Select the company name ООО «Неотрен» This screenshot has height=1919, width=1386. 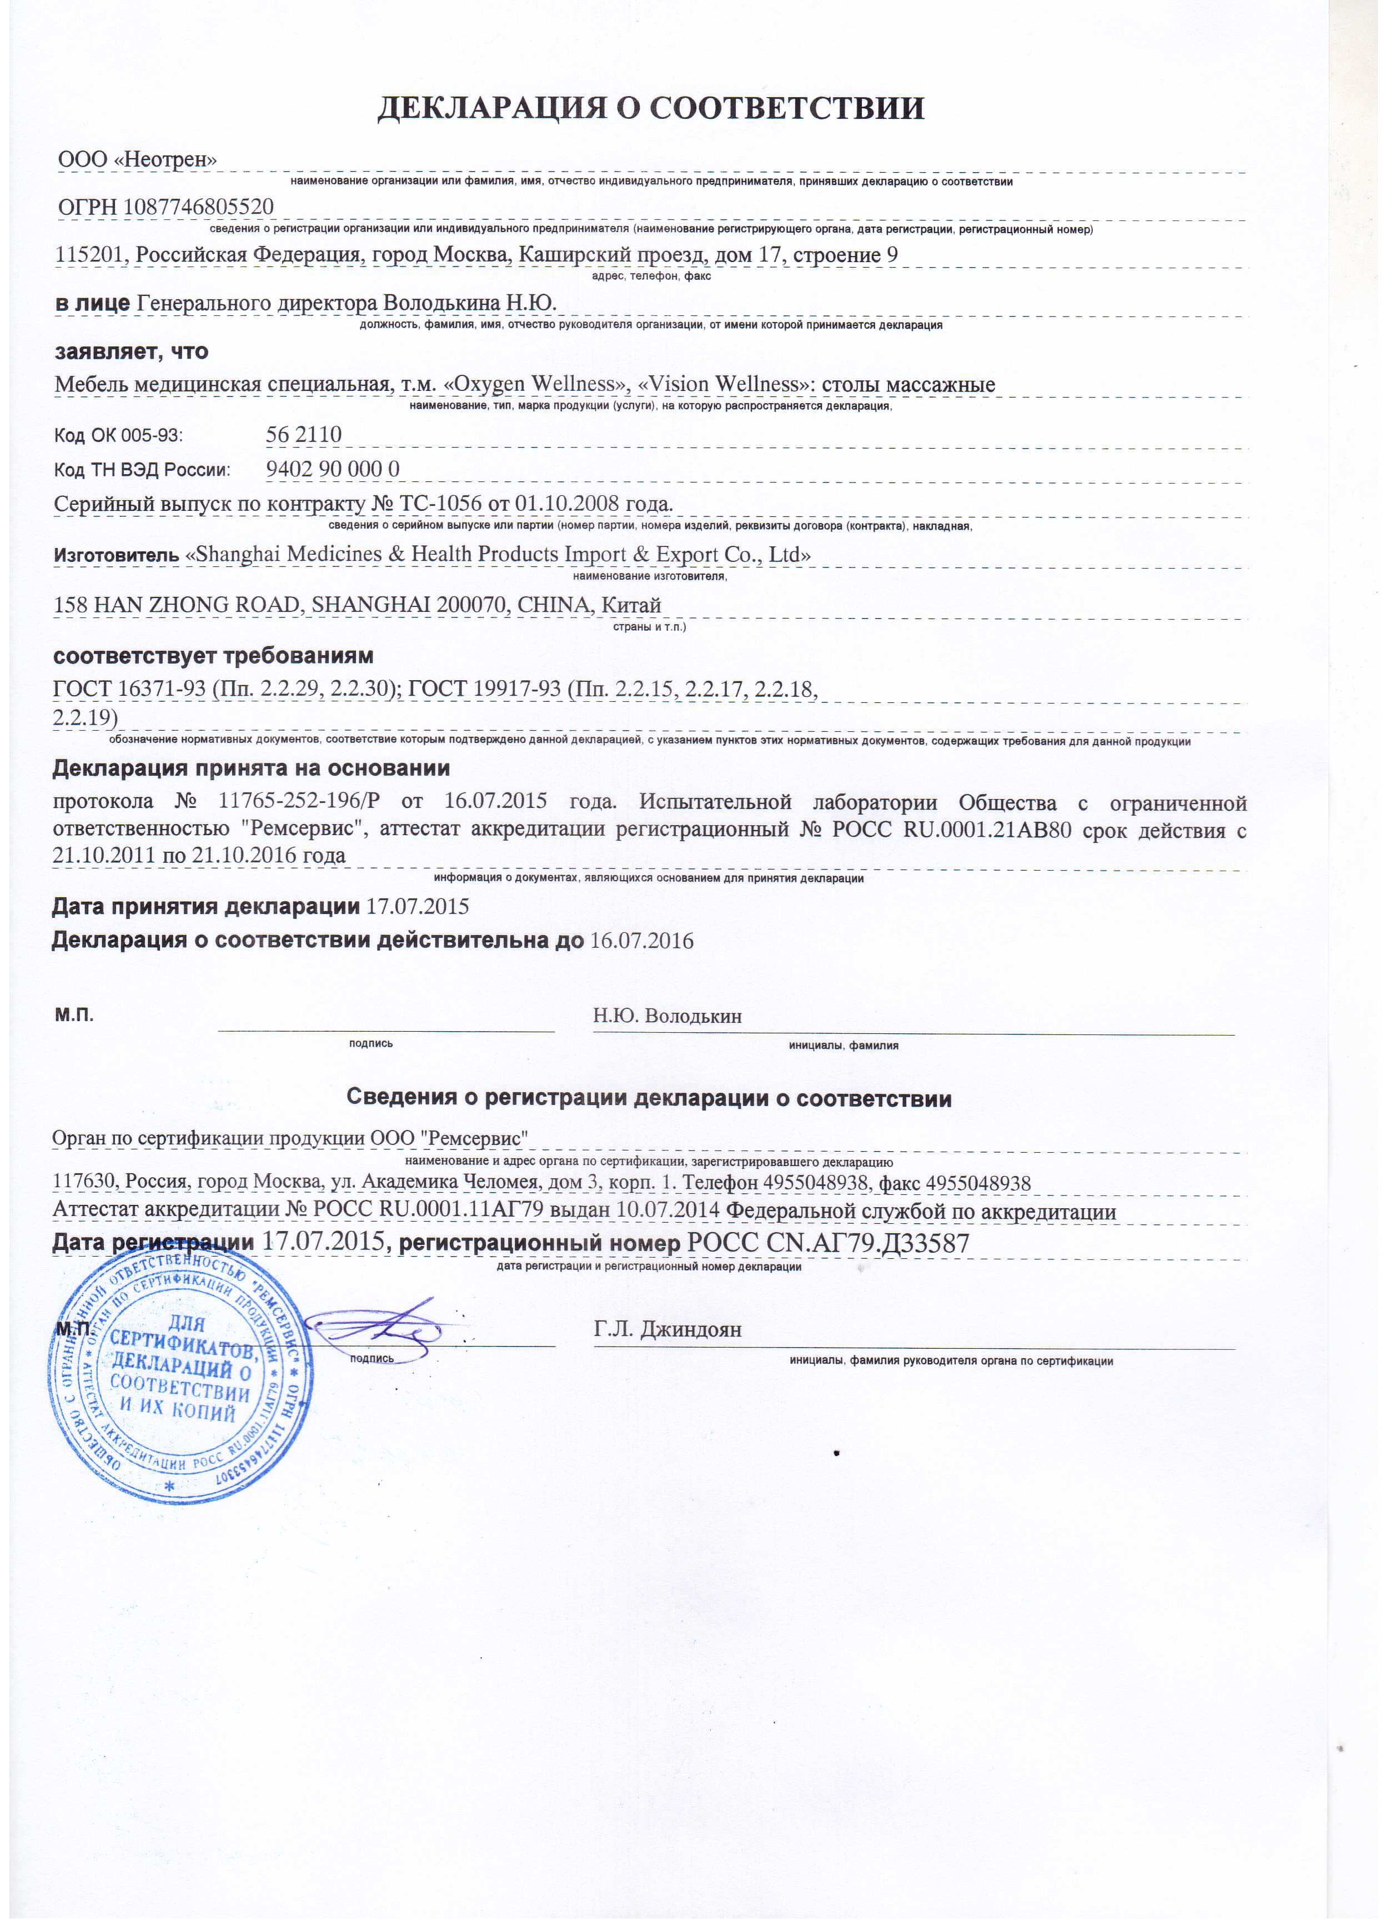pos(137,159)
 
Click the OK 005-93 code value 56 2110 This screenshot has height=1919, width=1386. pos(304,434)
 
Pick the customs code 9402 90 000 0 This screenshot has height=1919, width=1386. pos(333,469)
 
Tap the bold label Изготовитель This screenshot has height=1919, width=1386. pos(116,555)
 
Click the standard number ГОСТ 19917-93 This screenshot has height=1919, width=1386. pos(484,689)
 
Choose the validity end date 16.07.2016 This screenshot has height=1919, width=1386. pos(641,941)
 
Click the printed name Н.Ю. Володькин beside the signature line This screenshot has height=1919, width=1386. pos(667,1016)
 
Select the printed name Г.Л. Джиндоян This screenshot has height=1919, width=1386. pos(667,1329)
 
